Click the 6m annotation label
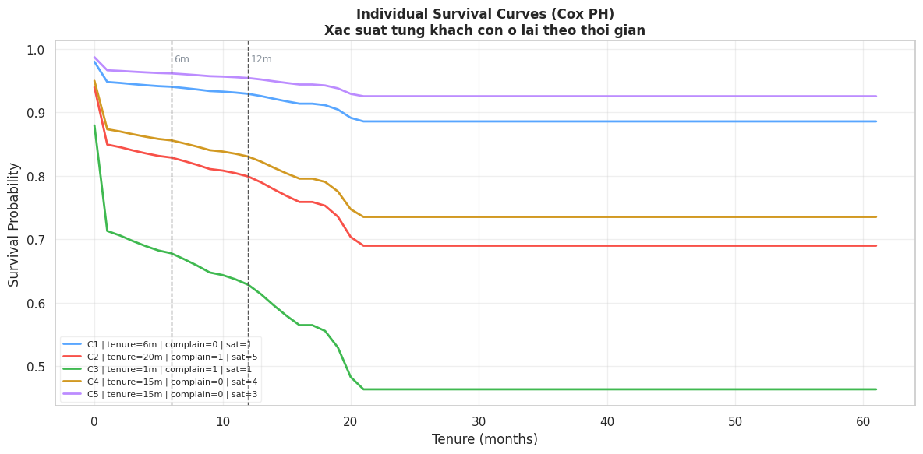(x=182, y=60)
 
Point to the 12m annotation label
(x=261, y=60)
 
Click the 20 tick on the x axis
(x=351, y=421)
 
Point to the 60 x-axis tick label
(x=863, y=421)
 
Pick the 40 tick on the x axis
(x=607, y=421)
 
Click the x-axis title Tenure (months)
(x=485, y=440)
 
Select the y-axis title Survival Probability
(x=15, y=224)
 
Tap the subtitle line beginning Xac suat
(x=485, y=31)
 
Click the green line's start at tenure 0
(x=94, y=125)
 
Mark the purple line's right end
(x=876, y=97)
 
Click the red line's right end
(x=876, y=246)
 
